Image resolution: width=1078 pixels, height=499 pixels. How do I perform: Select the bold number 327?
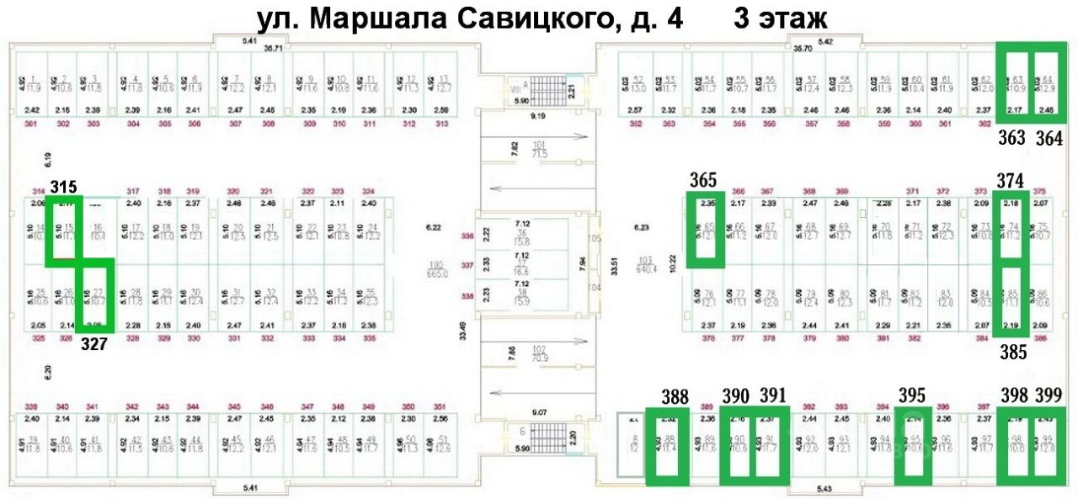coord(93,344)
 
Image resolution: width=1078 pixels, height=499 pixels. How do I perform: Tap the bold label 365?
coord(702,180)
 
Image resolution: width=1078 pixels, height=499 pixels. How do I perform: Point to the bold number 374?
coord(1011,180)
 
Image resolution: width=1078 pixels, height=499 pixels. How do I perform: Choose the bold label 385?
coord(1013,353)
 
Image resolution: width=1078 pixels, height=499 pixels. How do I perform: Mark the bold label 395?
coord(912,395)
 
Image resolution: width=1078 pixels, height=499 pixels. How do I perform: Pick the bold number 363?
coord(1011,138)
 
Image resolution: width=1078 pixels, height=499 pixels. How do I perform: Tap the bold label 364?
coord(1049,138)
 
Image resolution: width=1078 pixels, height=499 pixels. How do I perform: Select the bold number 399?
coord(1049,395)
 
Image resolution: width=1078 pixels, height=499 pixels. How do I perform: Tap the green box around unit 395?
coord(912,446)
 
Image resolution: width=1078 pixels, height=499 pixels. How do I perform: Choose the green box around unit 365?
coord(705,230)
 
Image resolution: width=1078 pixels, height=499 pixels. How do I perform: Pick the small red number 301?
coord(32,124)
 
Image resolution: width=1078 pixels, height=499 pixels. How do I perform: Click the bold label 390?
coord(735,395)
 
